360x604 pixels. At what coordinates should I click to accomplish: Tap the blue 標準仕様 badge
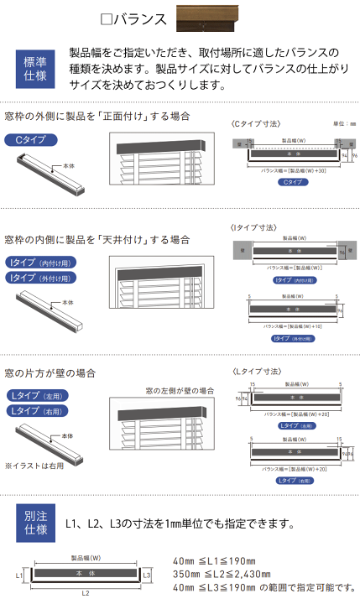pos(36,69)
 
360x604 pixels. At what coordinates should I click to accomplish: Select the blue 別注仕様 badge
pos(36,523)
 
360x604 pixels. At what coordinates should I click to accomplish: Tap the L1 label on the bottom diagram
pos(19,577)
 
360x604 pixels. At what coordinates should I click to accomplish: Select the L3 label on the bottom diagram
pos(147,575)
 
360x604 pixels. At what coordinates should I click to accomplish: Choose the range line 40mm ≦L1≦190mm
pos(213,561)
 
